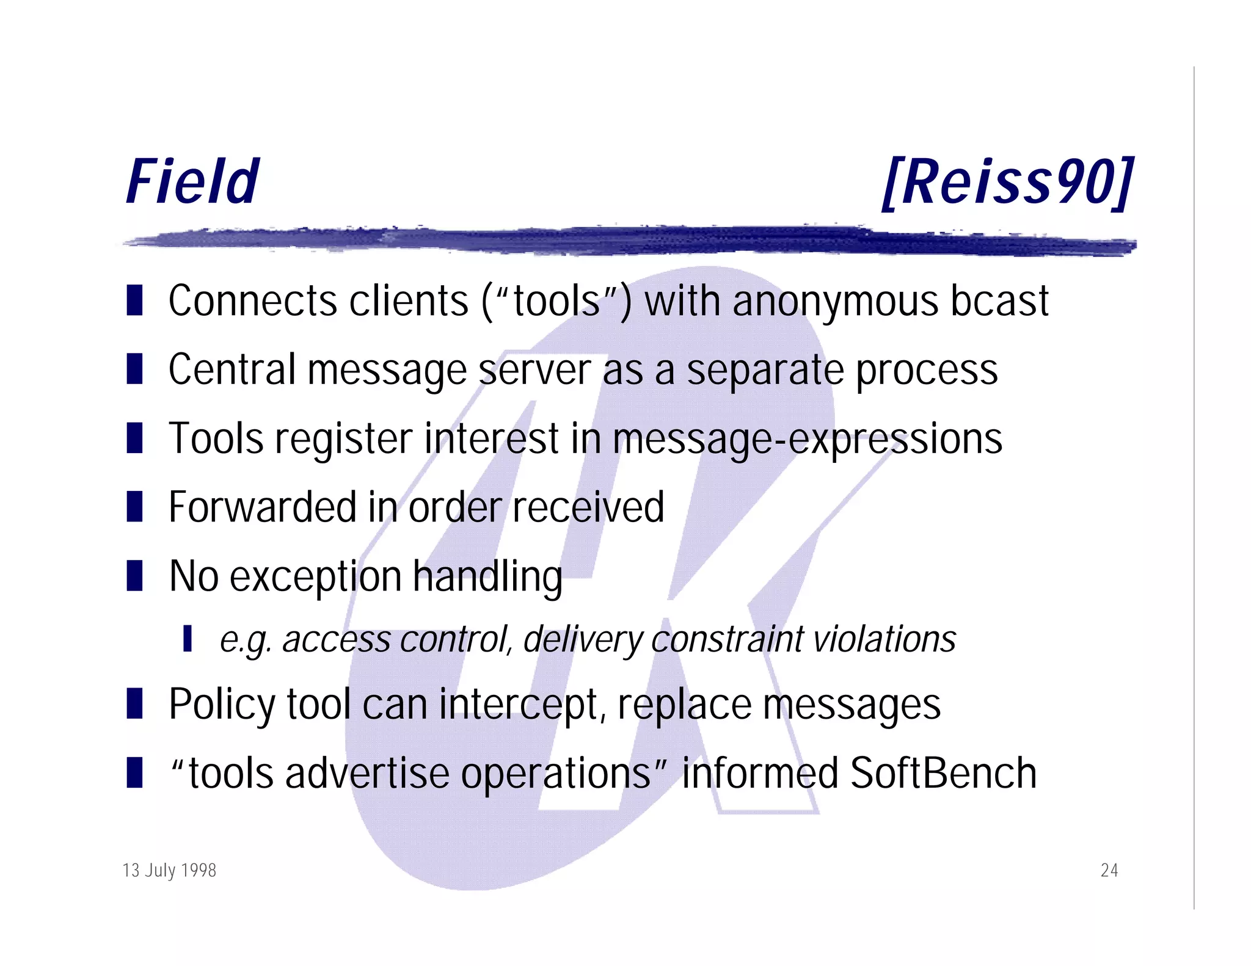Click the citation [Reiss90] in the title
tap(1008, 182)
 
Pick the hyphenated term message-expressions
tap(807, 440)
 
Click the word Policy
tap(222, 706)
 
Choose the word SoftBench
tap(943, 774)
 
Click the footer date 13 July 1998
tap(169, 870)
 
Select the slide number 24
tap(1109, 870)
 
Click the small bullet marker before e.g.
tap(188, 638)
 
